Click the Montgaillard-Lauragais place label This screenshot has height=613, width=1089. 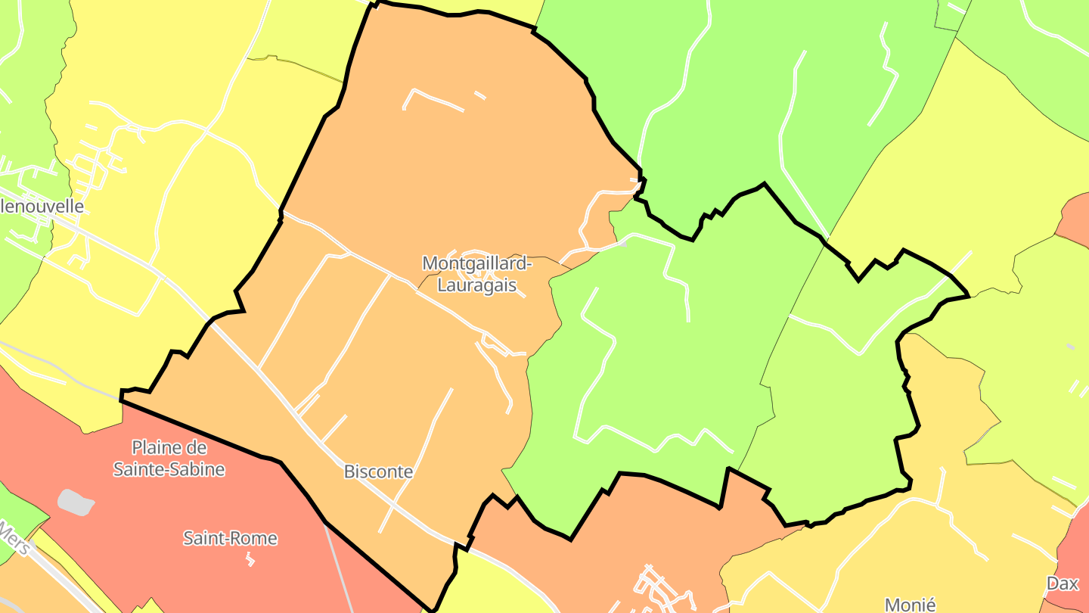(477, 274)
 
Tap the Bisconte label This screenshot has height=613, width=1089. (378, 471)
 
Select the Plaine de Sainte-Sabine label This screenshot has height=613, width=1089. (169, 458)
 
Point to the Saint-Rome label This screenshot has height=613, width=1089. (230, 539)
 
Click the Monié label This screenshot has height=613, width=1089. (910, 604)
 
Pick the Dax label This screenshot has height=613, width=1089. (1062, 583)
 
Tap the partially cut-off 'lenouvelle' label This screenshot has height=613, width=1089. (42, 206)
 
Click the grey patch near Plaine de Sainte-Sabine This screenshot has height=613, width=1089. (76, 502)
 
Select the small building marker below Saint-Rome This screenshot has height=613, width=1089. (250, 559)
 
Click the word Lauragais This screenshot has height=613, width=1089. (480, 285)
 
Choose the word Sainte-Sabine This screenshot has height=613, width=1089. (169, 469)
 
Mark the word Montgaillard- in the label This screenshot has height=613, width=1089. (477, 263)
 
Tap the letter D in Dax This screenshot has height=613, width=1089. (1052, 583)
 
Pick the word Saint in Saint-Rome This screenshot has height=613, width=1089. (203, 539)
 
